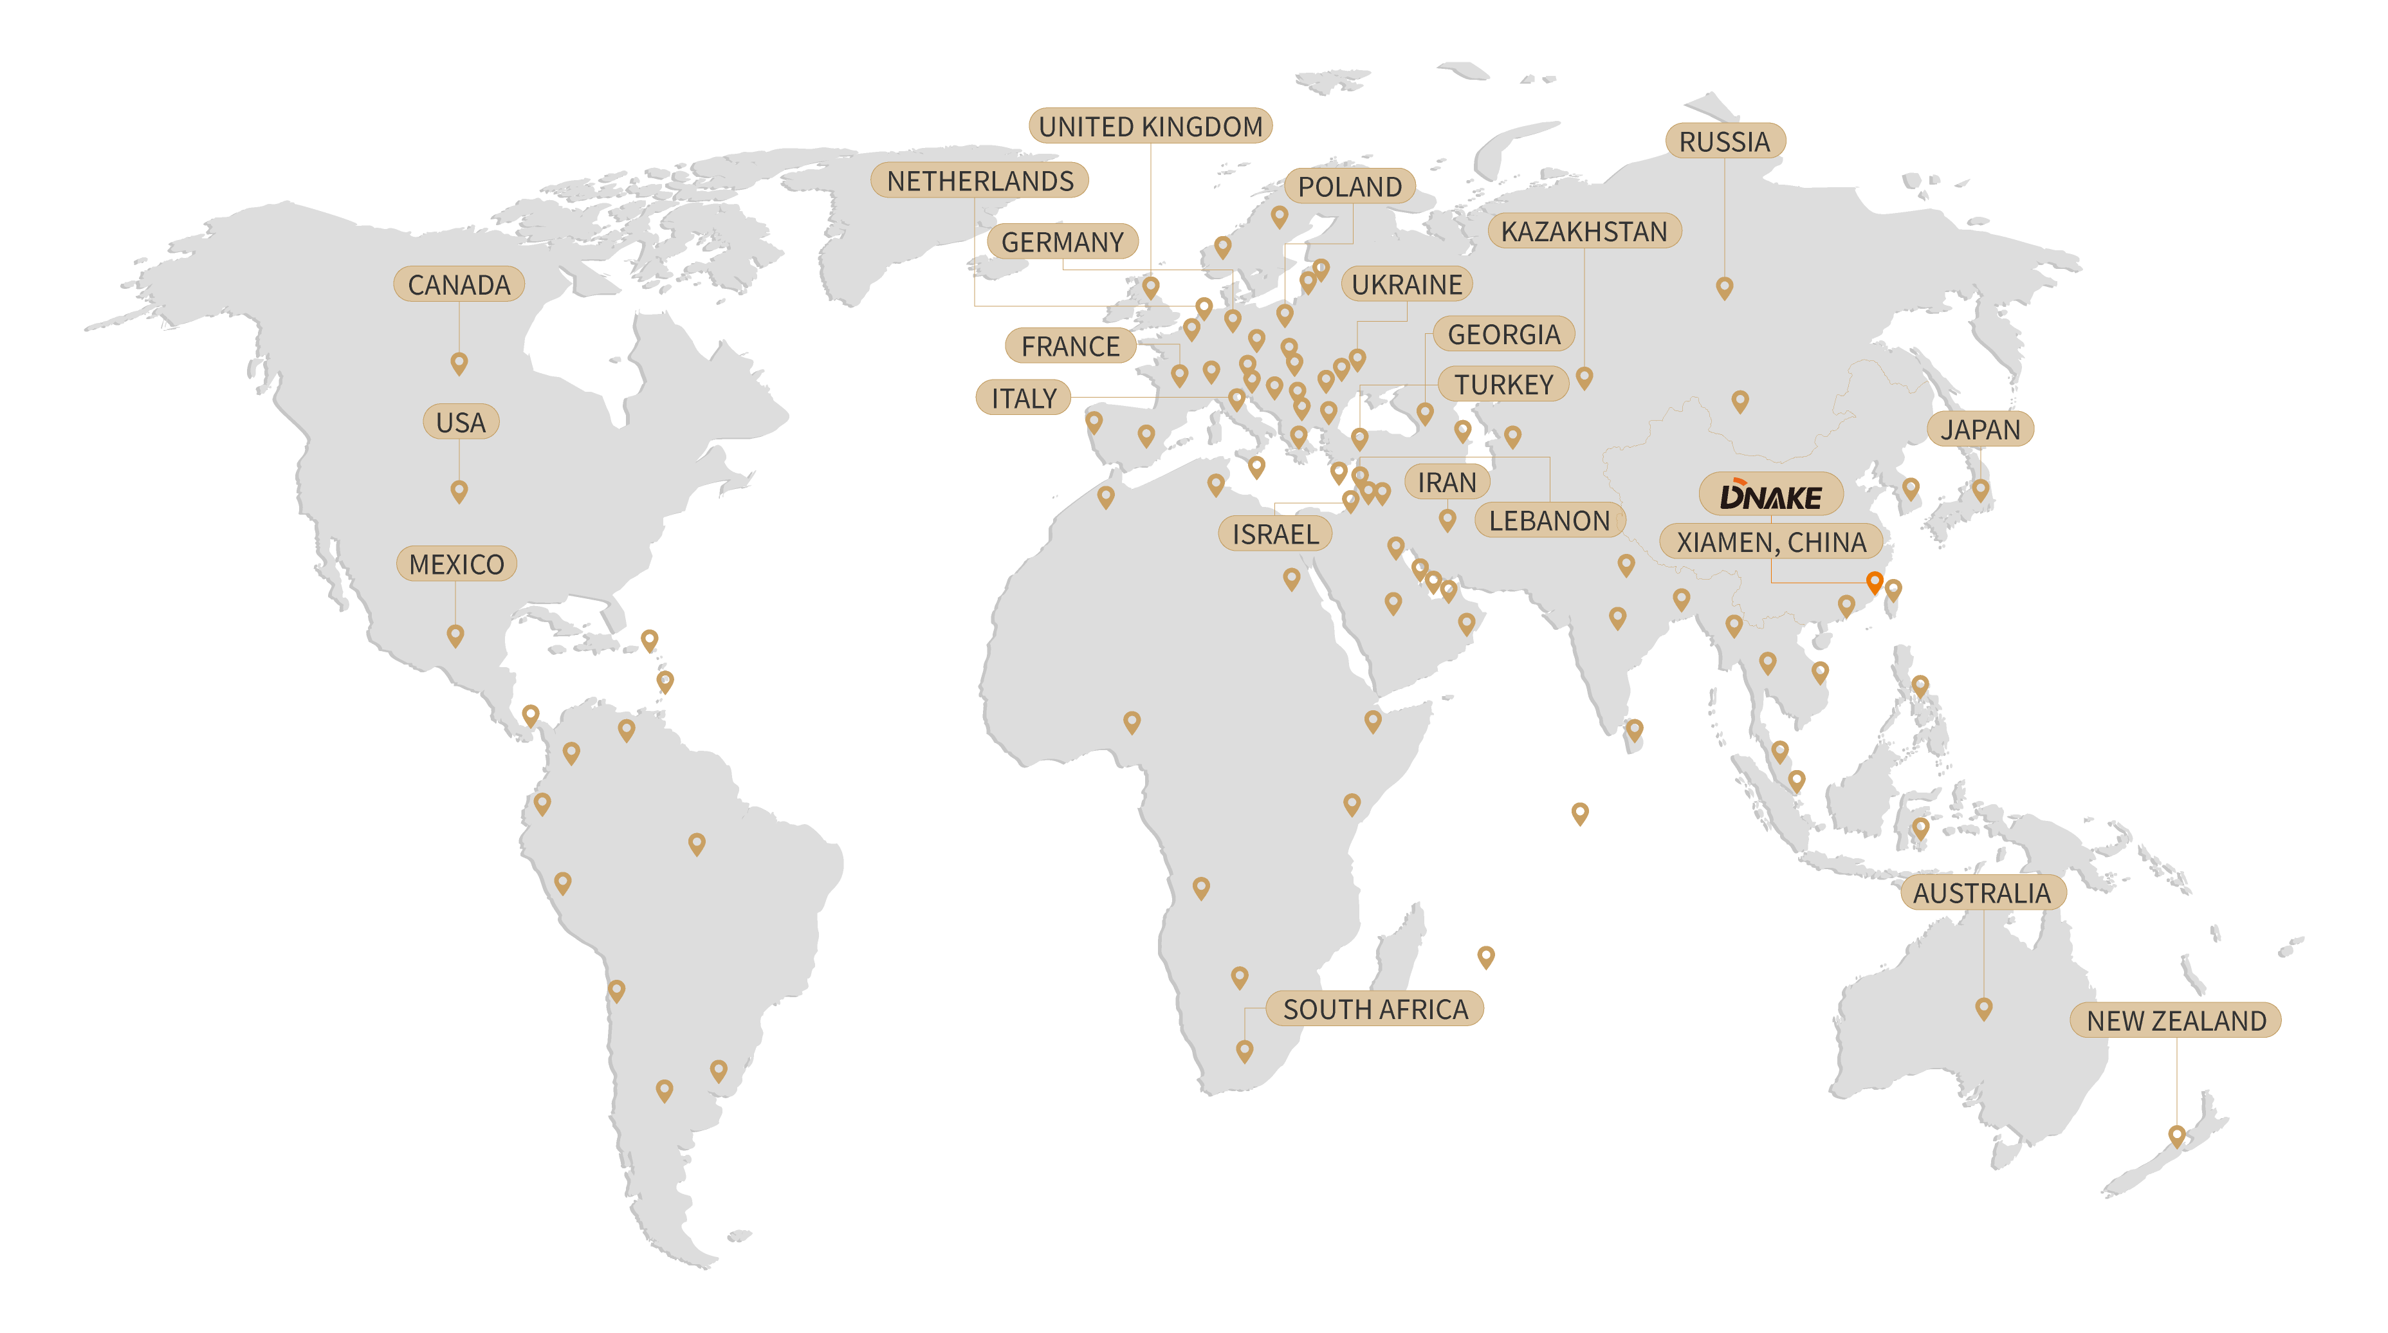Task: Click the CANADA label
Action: click(x=459, y=284)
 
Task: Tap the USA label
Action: click(x=461, y=423)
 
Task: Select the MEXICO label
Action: click(x=456, y=564)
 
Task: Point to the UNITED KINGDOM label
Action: click(x=1150, y=126)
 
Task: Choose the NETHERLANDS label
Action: click(x=980, y=181)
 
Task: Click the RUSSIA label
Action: click(x=1724, y=142)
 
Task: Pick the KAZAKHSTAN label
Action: click(x=1584, y=232)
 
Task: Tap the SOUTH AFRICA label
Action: click(x=1375, y=1009)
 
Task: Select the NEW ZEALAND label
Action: click(x=2176, y=1020)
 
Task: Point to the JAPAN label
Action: click(x=1980, y=429)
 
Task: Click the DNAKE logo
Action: click(x=1770, y=496)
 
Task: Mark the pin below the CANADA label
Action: click(x=459, y=362)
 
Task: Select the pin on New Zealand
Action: click(x=2176, y=1135)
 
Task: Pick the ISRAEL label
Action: click(x=1274, y=534)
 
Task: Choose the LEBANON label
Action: click(x=1549, y=521)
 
